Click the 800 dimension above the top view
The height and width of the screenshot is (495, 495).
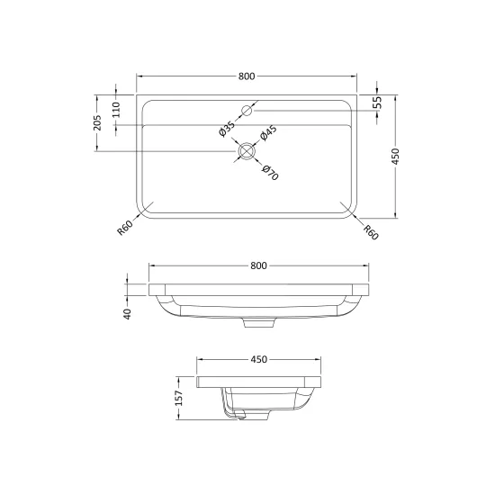click(247, 76)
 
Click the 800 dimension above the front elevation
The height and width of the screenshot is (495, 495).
click(258, 265)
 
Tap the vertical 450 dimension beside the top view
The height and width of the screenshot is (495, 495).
click(395, 157)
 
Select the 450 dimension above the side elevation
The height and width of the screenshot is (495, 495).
click(259, 359)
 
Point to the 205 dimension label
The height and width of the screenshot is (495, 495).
click(97, 122)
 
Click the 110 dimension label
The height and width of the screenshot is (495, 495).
click(116, 110)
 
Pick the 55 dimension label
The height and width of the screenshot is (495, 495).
click(377, 102)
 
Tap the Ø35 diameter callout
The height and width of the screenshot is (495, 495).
click(227, 129)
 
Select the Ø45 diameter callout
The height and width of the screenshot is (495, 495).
click(268, 133)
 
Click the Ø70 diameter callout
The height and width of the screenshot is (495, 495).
click(270, 173)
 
